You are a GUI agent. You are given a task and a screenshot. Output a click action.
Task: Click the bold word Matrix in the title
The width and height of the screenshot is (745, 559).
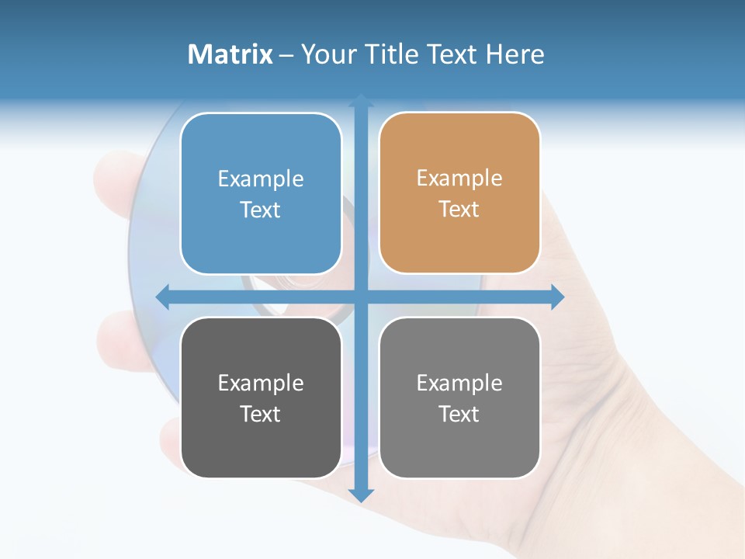click(x=230, y=54)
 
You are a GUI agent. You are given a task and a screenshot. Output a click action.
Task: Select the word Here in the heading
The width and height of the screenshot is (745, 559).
click(x=515, y=54)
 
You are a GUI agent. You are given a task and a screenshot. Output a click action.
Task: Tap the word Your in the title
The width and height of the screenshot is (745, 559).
click(x=327, y=54)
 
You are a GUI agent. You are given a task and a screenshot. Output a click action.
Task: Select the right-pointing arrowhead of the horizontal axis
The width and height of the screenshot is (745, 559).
click(x=558, y=297)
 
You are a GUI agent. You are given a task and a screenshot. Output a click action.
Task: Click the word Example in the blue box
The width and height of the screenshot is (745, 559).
click(x=261, y=179)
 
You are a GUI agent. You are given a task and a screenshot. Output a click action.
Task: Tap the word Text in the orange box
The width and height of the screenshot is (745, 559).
click(x=459, y=210)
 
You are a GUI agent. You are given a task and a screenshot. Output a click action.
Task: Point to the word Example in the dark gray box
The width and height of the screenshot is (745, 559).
click(x=261, y=384)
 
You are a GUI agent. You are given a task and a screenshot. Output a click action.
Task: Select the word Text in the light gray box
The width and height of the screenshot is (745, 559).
click(x=459, y=415)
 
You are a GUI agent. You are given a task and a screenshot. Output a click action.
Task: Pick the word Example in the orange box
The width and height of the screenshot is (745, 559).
click(x=459, y=179)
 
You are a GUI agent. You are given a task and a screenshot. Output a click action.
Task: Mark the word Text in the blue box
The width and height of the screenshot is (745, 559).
click(x=261, y=210)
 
